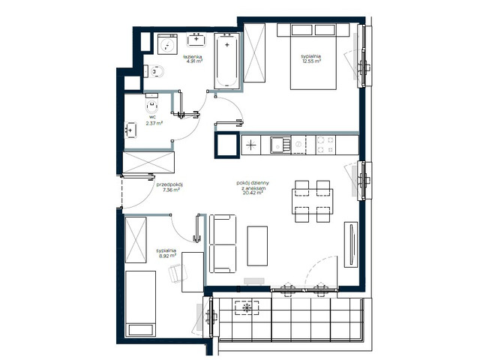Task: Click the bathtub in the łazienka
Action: [x=226, y=61]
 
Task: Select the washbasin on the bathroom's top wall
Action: [x=199, y=38]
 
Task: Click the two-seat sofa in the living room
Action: [x=223, y=244]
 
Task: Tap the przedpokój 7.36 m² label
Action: [x=163, y=187]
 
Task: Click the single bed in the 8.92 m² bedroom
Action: [x=139, y=304]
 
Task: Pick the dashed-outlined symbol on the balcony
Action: [x=245, y=307]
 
